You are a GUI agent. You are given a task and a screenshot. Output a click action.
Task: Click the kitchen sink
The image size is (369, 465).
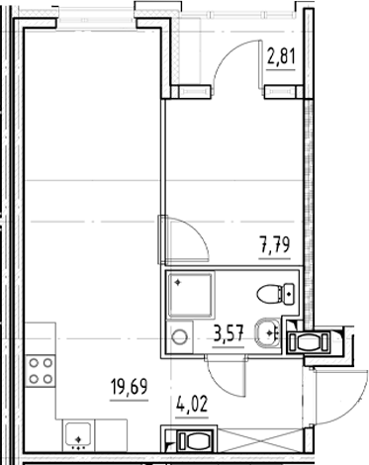76,432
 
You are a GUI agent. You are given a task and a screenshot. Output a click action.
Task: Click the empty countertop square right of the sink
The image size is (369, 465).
112,432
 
